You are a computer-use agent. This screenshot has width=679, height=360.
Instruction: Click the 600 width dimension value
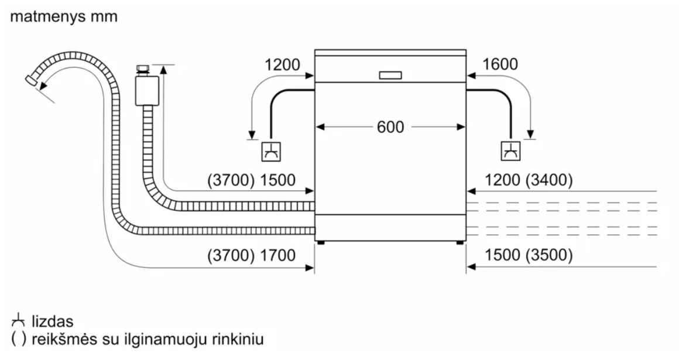click(390, 127)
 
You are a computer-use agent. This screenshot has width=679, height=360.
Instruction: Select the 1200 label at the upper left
click(282, 65)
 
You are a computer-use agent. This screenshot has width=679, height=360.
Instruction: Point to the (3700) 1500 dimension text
click(251, 180)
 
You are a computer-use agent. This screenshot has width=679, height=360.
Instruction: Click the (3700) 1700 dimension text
click(251, 256)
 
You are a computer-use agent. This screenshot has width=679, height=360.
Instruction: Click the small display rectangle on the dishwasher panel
click(390, 76)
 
